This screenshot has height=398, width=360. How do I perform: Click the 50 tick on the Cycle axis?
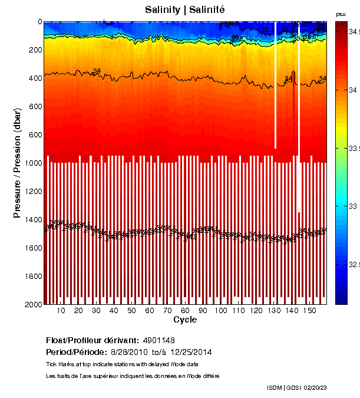click(131, 311)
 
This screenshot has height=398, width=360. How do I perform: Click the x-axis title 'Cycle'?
click(185, 320)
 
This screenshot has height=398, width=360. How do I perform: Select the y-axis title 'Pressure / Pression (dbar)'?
click(17, 163)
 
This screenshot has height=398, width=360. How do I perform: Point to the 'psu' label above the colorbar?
click(341, 14)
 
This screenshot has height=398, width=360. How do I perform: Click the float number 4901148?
click(158, 341)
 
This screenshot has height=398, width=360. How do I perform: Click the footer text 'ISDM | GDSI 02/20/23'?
click(304, 387)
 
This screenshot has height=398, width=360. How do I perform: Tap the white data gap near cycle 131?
click(275, 88)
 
